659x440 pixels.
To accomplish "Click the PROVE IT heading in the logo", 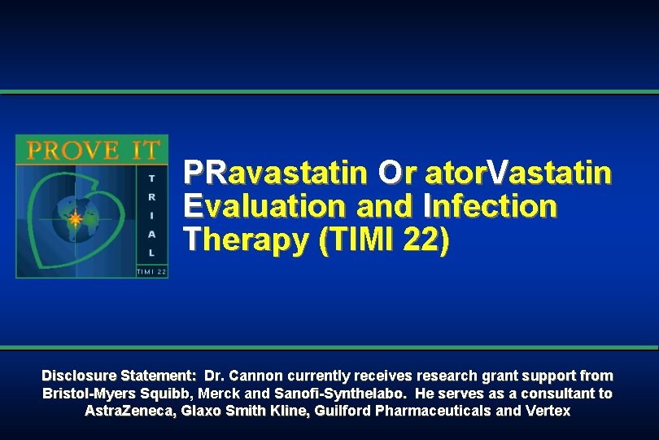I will click(x=92, y=150).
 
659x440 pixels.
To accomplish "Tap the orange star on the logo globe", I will click(x=75, y=218).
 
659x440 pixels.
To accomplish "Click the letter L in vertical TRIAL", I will click(x=151, y=253).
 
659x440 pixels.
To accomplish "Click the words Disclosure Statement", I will click(x=119, y=376).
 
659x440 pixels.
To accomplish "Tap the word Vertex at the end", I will click(x=548, y=411).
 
